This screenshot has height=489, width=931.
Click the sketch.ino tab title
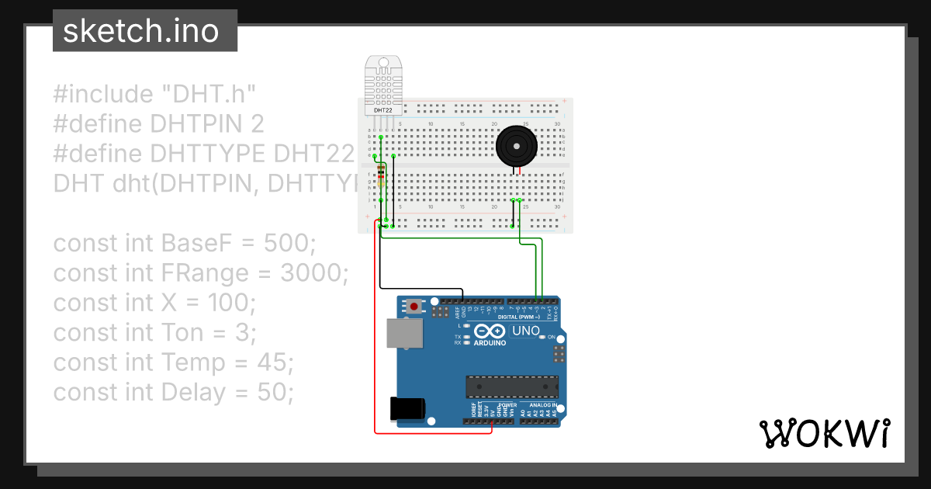pos(140,31)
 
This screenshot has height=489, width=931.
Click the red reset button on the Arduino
pos(415,307)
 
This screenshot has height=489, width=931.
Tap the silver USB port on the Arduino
pos(406,334)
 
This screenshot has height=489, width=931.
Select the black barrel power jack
pos(407,408)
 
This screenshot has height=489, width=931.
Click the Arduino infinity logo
pos(490,331)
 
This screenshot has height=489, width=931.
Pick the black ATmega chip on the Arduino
pos(511,386)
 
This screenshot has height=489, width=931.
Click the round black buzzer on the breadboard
pos(516,145)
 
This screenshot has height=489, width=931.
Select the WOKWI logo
pos(824,433)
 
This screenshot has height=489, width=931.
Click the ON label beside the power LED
pos(551,337)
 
